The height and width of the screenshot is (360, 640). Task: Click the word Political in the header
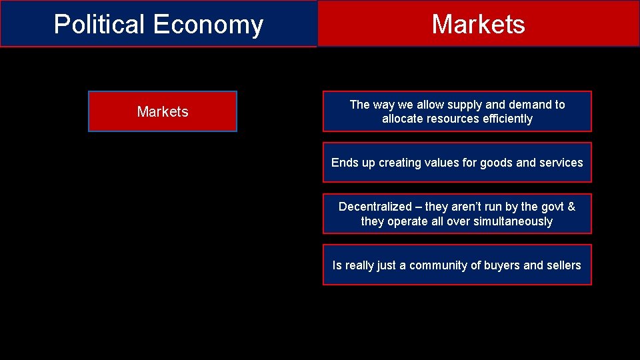pos(100,25)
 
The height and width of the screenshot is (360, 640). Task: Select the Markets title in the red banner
pos(478,25)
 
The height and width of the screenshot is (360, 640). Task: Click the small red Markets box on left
pos(163,111)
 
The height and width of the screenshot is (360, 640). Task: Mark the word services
pos(559,163)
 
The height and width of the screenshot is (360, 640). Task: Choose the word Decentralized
pos(375,207)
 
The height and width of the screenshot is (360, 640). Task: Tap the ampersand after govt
pos(571,207)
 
